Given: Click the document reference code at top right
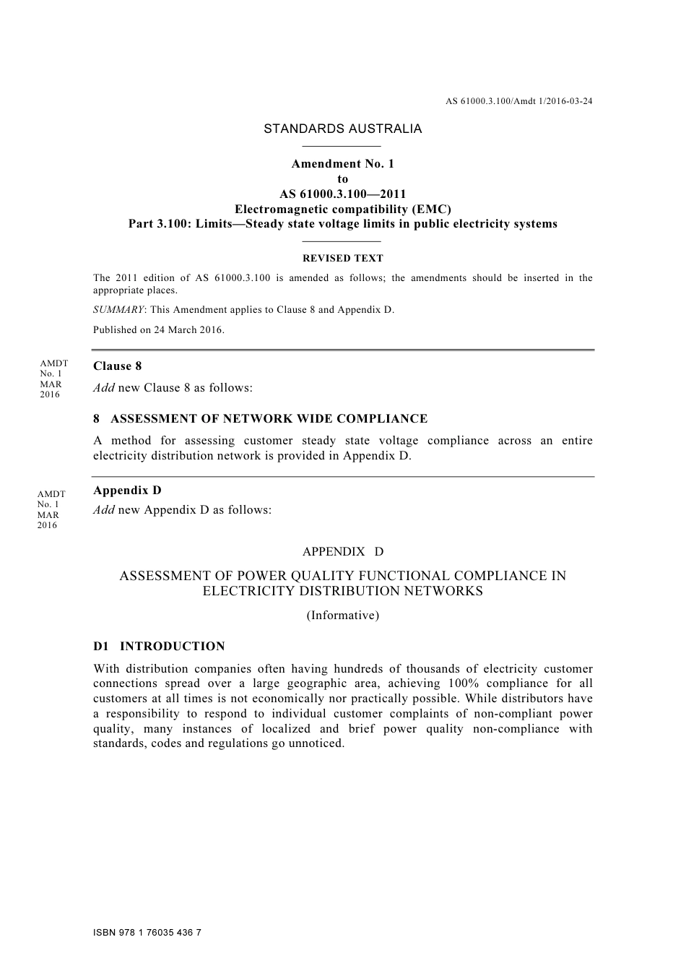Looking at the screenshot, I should click(x=518, y=101).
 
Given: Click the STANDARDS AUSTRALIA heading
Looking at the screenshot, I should click(x=342, y=129).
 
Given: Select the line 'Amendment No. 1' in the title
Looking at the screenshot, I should click(x=342, y=164).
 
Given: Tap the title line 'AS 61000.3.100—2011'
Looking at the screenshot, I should click(x=342, y=194).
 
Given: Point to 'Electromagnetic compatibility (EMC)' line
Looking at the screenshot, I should click(x=342, y=209).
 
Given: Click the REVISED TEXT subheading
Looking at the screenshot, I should click(x=342, y=258).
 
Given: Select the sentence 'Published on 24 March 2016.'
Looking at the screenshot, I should click(x=159, y=330).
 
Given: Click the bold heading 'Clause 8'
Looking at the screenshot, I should click(x=118, y=366).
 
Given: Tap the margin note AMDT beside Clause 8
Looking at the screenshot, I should click(x=53, y=364).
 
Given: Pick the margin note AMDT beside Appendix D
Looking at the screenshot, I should click(x=51, y=494).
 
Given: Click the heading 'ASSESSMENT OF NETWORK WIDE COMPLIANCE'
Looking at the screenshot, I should click(x=269, y=419).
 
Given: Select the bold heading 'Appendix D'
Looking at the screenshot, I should click(x=127, y=491).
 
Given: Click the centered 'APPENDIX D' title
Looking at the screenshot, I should click(x=342, y=552).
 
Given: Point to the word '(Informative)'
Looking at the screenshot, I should click(x=342, y=616).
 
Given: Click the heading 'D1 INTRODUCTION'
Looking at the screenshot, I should click(x=159, y=647).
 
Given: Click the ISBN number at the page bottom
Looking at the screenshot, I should click(x=147, y=933).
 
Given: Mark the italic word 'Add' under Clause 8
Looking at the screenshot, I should click(x=104, y=388).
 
